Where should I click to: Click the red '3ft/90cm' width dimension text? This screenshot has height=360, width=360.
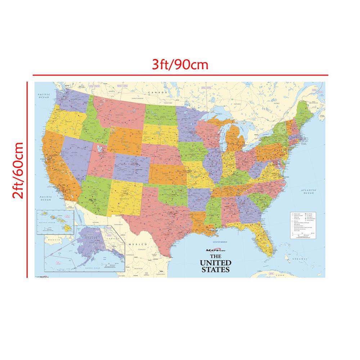[180, 65]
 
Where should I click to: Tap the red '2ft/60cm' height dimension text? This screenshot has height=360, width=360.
[18, 170]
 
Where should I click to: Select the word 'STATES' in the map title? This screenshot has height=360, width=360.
[215, 269]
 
